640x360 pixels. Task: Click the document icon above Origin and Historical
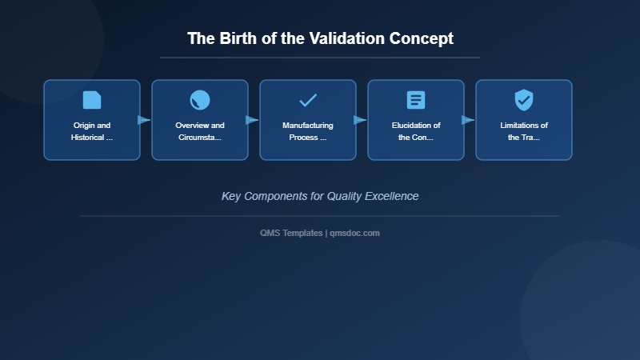click(x=92, y=100)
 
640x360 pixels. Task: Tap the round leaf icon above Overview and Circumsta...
click(x=200, y=100)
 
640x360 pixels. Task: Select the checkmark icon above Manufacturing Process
click(x=308, y=100)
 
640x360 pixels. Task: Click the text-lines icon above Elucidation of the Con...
click(x=416, y=100)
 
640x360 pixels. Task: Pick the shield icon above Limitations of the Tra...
click(x=524, y=100)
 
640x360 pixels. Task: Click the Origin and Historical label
click(x=92, y=131)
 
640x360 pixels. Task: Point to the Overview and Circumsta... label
click(x=200, y=131)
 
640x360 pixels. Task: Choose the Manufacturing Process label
click(x=308, y=131)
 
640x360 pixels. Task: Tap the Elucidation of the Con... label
click(x=416, y=131)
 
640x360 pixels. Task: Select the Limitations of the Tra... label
click(x=524, y=131)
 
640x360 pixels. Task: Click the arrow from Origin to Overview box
click(x=144, y=120)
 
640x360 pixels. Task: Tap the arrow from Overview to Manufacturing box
click(x=252, y=120)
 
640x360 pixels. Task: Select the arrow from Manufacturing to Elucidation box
click(x=360, y=120)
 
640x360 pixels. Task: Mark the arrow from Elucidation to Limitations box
click(x=468, y=120)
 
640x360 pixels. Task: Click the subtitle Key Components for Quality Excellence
click(x=320, y=196)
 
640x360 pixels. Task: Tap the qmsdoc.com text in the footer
click(x=354, y=233)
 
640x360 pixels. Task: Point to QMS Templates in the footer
click(x=291, y=233)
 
